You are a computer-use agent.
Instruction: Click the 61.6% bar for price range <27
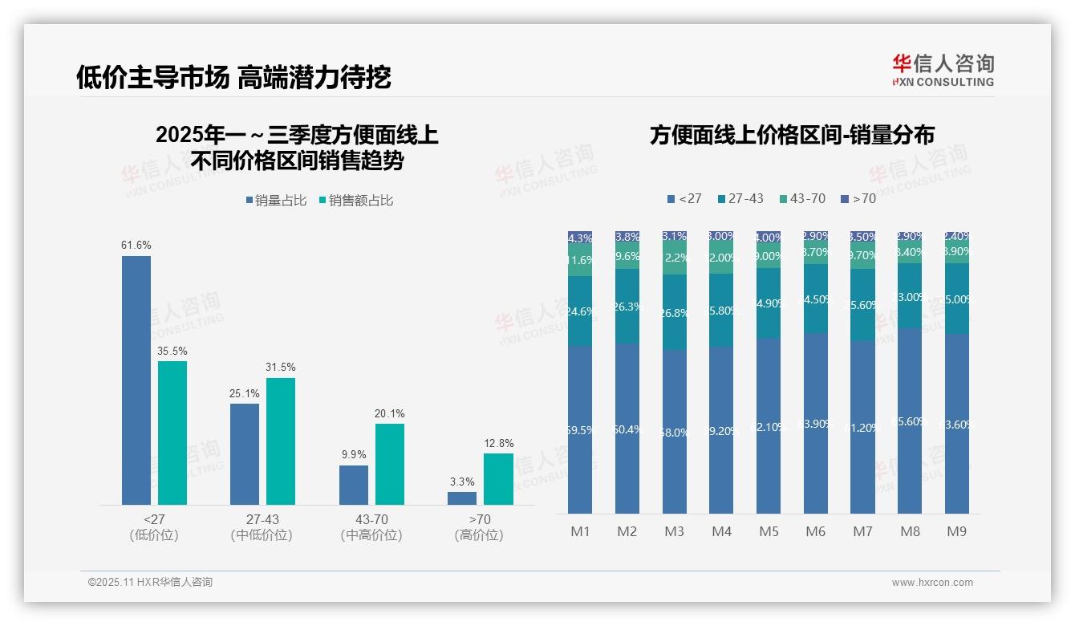(x=136, y=380)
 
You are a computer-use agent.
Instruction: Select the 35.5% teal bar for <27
(x=172, y=433)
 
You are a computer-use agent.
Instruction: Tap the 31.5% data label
(x=281, y=368)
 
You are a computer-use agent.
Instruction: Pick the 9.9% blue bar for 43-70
(x=353, y=485)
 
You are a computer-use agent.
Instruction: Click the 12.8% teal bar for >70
(x=497, y=479)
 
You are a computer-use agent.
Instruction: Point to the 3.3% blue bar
(x=461, y=498)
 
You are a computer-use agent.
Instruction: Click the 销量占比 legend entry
(x=277, y=201)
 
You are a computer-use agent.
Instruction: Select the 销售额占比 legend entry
(x=356, y=201)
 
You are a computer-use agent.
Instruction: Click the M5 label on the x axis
(x=768, y=531)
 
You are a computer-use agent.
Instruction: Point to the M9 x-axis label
(x=956, y=531)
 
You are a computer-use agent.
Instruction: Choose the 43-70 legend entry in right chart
(x=801, y=198)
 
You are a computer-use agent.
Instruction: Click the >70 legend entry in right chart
(x=858, y=198)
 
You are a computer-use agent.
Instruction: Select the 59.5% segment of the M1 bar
(x=580, y=429)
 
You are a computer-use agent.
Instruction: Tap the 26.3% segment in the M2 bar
(x=627, y=307)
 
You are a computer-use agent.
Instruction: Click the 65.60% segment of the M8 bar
(x=910, y=421)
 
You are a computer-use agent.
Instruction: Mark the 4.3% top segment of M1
(x=580, y=238)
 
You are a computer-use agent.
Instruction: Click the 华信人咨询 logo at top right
(x=943, y=70)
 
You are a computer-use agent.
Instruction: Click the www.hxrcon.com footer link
(x=932, y=583)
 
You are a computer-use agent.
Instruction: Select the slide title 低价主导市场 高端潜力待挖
(x=233, y=77)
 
